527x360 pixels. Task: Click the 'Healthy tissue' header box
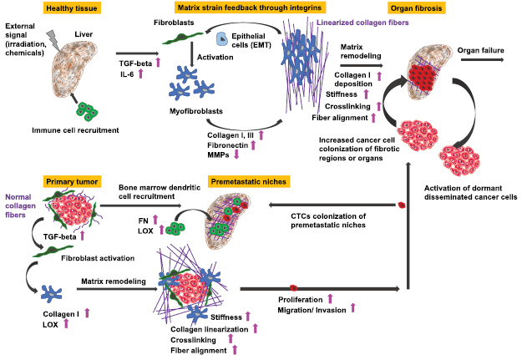point(70,8)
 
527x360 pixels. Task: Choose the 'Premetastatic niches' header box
point(248,180)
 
